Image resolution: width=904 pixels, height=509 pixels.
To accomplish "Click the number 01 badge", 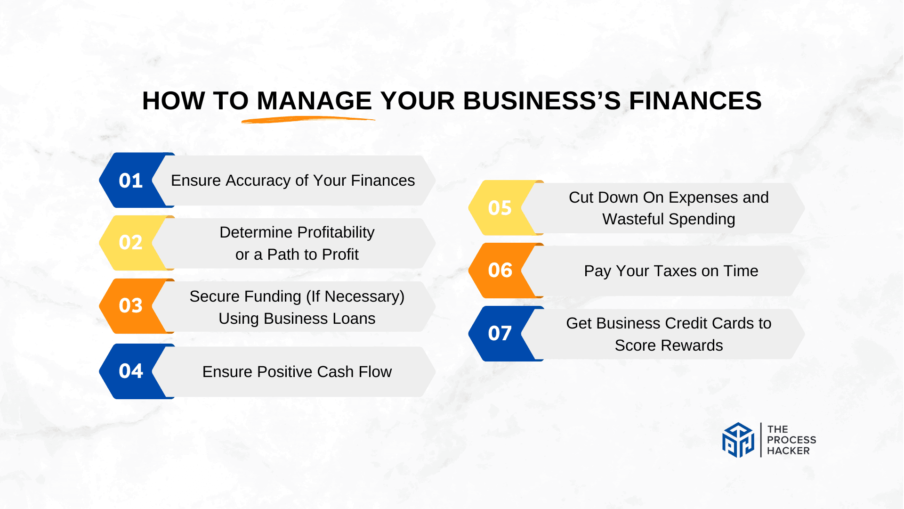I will (x=130, y=181).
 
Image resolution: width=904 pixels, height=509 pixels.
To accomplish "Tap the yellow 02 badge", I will (x=130, y=243).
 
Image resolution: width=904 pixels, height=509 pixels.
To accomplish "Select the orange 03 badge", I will (x=130, y=306).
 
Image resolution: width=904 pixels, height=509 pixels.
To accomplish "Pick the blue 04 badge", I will (x=130, y=371).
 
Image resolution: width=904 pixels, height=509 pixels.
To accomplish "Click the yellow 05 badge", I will (x=500, y=208).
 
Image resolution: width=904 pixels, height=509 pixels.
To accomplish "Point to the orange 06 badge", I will (x=500, y=271).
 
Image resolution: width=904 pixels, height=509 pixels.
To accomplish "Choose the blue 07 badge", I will (x=500, y=334).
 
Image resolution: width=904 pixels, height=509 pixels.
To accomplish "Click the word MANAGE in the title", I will (x=314, y=101).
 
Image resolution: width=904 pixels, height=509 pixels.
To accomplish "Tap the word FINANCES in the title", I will (x=695, y=101).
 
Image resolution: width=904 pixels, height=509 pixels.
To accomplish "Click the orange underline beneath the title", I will (x=308, y=120).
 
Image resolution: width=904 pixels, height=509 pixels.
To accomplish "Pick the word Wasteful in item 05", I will (x=633, y=219).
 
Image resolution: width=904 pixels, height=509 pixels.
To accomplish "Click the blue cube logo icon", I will (x=738, y=440).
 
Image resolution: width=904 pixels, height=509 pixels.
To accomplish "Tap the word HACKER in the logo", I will (x=788, y=451).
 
